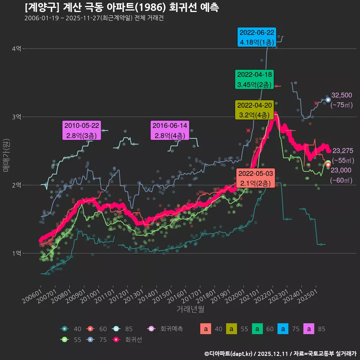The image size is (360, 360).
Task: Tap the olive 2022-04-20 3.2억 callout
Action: [254, 110]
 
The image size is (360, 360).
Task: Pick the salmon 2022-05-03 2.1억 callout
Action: [255, 178]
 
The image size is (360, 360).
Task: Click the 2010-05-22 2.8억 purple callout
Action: [82, 130]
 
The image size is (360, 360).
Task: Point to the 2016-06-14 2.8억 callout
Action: [170, 130]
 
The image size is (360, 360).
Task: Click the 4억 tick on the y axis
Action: [16, 49]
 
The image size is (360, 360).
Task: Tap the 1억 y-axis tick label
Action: [16, 253]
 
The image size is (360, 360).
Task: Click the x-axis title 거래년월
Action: [190, 309]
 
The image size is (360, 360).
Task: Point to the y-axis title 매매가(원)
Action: [6, 155]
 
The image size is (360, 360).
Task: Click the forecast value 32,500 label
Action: [342, 95]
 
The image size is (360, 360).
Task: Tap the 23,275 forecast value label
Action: [343, 151]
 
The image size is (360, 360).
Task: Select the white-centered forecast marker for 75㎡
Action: [328, 100]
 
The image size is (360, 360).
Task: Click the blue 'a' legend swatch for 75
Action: [283, 329]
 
